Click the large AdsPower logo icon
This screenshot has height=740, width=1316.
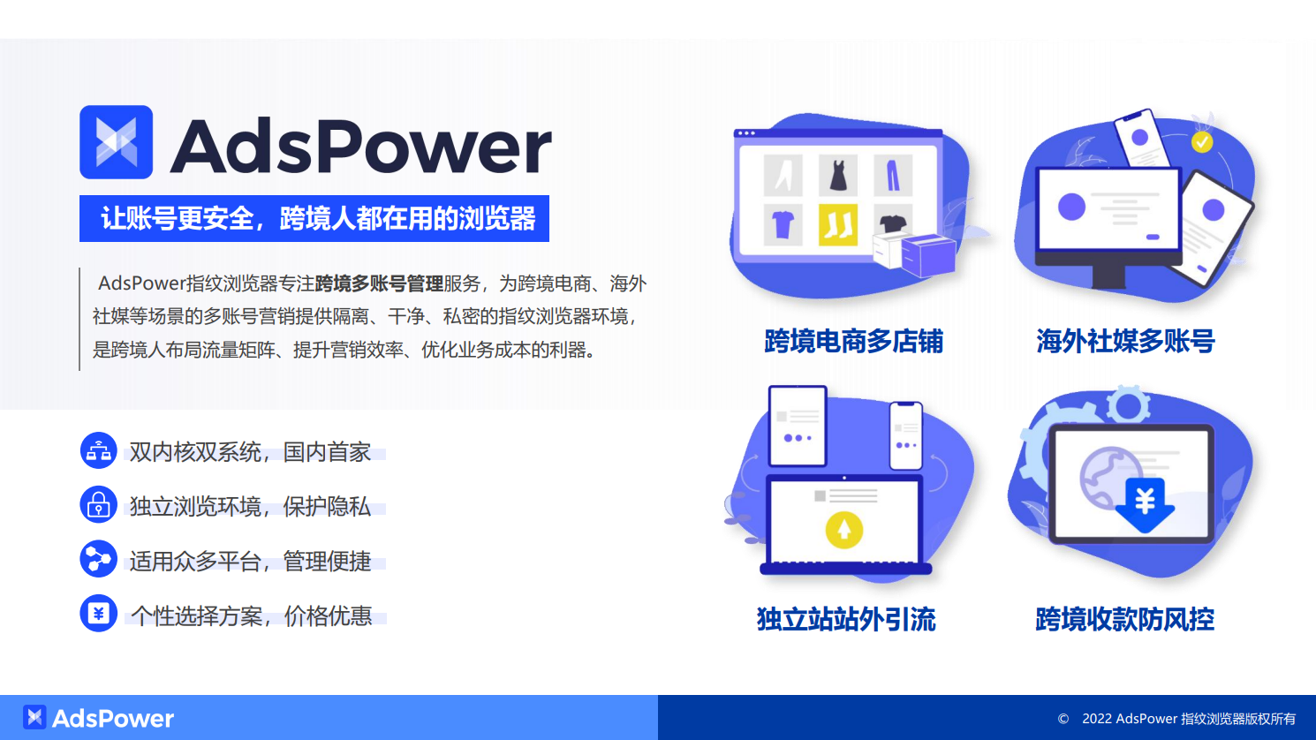click(x=116, y=142)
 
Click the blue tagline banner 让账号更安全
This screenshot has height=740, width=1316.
click(x=314, y=218)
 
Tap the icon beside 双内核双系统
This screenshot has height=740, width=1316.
click(x=98, y=451)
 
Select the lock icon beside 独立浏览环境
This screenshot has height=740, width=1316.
click(x=98, y=505)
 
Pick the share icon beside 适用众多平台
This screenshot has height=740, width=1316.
click(x=98, y=560)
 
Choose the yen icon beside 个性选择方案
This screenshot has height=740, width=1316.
click(x=98, y=614)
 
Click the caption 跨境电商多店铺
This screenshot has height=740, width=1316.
click(x=853, y=341)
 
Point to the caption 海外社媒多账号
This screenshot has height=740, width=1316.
click(x=1125, y=341)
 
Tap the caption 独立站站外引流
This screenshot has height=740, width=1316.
click(x=846, y=619)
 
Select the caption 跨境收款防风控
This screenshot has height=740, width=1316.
click(x=1125, y=619)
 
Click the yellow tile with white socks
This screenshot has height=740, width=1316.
click(x=837, y=223)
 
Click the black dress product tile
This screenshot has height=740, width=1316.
click(x=837, y=175)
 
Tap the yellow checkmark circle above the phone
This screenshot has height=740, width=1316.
click(x=1202, y=141)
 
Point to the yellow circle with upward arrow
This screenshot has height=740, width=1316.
click(x=843, y=530)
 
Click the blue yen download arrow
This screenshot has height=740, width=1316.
click(x=1145, y=504)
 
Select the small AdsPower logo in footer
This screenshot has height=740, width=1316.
click(x=34, y=717)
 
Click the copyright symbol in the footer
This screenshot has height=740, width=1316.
click(x=1063, y=719)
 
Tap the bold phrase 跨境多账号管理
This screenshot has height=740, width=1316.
click(x=379, y=283)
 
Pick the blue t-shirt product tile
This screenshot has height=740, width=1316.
click(x=783, y=224)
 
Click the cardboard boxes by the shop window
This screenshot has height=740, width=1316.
click(x=915, y=253)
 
